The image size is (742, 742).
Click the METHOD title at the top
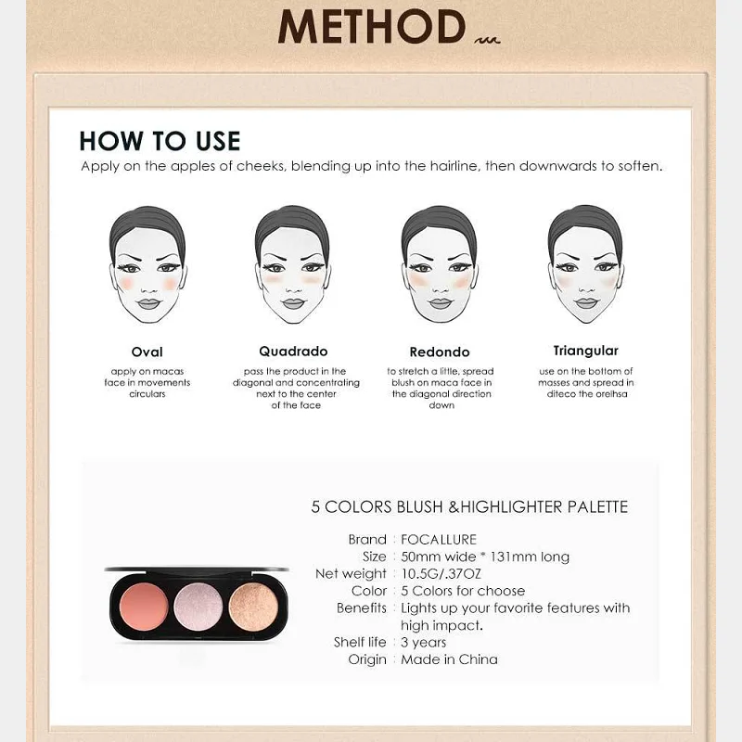tap(372, 27)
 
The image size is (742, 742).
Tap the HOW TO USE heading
tap(160, 141)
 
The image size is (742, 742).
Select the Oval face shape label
tap(147, 352)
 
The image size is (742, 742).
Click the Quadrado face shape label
tap(293, 352)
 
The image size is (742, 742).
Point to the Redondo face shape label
tap(440, 352)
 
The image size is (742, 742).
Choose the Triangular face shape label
tap(586, 351)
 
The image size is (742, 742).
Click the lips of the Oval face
tap(149, 303)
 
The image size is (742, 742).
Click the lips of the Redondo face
tap(441, 303)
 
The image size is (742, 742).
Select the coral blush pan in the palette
tap(144, 608)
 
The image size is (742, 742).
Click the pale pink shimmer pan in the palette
tap(198, 608)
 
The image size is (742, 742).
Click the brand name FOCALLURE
tap(439, 540)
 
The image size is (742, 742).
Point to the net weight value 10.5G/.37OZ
tap(441, 574)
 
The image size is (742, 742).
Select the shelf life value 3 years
tap(424, 643)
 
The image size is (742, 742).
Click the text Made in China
tap(449, 659)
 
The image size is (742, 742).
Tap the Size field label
tap(375, 557)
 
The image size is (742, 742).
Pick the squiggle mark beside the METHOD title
tap(487, 40)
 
